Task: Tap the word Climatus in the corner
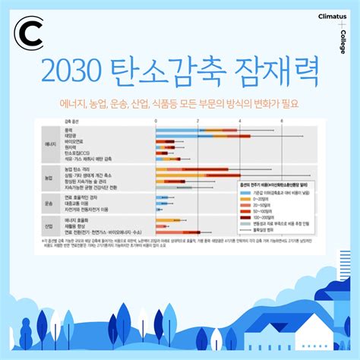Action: pyautogui.click(x=333, y=14)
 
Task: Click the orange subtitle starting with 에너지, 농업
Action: pyautogui.click(x=180, y=103)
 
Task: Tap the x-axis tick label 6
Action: pyautogui.click(x=282, y=122)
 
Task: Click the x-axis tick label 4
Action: pyautogui.click(x=240, y=122)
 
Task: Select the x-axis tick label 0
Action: pyautogui.click(x=156, y=122)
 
